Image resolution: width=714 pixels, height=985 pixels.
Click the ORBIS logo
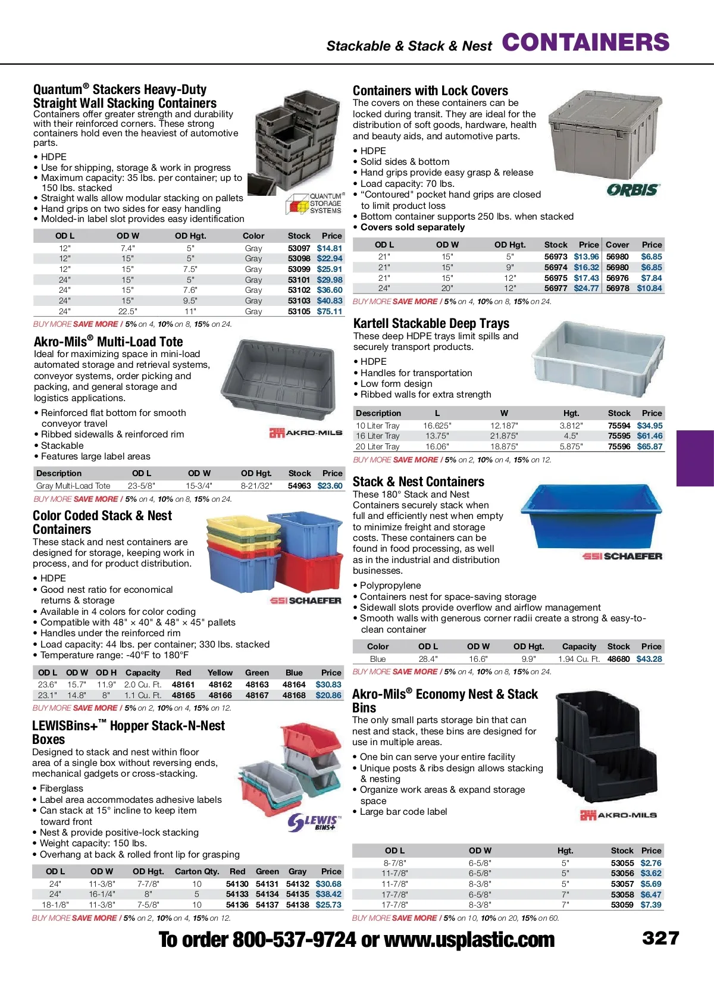coord(633,190)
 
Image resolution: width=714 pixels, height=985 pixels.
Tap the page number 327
coord(660,939)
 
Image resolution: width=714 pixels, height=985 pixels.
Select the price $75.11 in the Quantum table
coord(330,311)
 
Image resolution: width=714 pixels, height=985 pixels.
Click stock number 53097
coord(299,248)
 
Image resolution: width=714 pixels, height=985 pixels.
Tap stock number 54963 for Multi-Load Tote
coord(299,486)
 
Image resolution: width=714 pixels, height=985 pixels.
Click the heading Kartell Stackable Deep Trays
coord(431,324)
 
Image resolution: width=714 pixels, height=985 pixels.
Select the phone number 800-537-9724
coord(294,940)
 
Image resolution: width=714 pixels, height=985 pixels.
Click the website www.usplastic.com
coord(469,940)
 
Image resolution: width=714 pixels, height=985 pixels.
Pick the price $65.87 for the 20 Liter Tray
coord(649,446)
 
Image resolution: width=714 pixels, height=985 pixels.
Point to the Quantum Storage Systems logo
coord(315,204)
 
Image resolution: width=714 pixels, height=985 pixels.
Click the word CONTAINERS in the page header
coord(585,43)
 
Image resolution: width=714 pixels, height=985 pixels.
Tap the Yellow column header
coord(220,673)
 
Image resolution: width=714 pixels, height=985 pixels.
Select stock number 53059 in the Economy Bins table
coord(622,905)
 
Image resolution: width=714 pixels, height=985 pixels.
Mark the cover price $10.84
coord(649,288)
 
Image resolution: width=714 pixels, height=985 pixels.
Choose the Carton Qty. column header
coord(197,871)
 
